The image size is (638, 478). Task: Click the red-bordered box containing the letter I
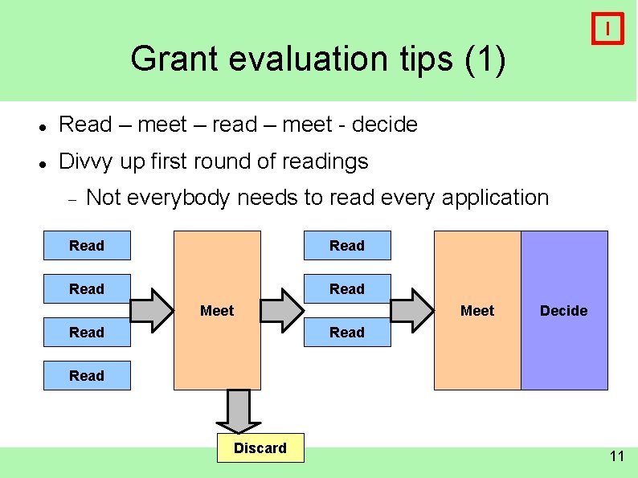tap(607, 29)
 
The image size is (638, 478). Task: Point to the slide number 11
tap(616, 456)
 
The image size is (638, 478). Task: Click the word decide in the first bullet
tap(385, 125)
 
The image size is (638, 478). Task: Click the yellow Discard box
tap(260, 448)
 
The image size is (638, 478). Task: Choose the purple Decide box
tap(564, 310)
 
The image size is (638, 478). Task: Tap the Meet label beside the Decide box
tap(477, 310)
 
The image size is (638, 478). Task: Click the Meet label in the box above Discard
tap(217, 310)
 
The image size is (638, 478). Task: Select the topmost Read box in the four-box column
tap(87, 245)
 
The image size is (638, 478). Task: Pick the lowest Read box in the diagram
tap(87, 375)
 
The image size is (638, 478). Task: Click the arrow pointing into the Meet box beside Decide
tap(411, 310)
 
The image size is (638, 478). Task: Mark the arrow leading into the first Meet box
tap(152, 310)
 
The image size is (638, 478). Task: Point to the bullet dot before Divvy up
tap(42, 163)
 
